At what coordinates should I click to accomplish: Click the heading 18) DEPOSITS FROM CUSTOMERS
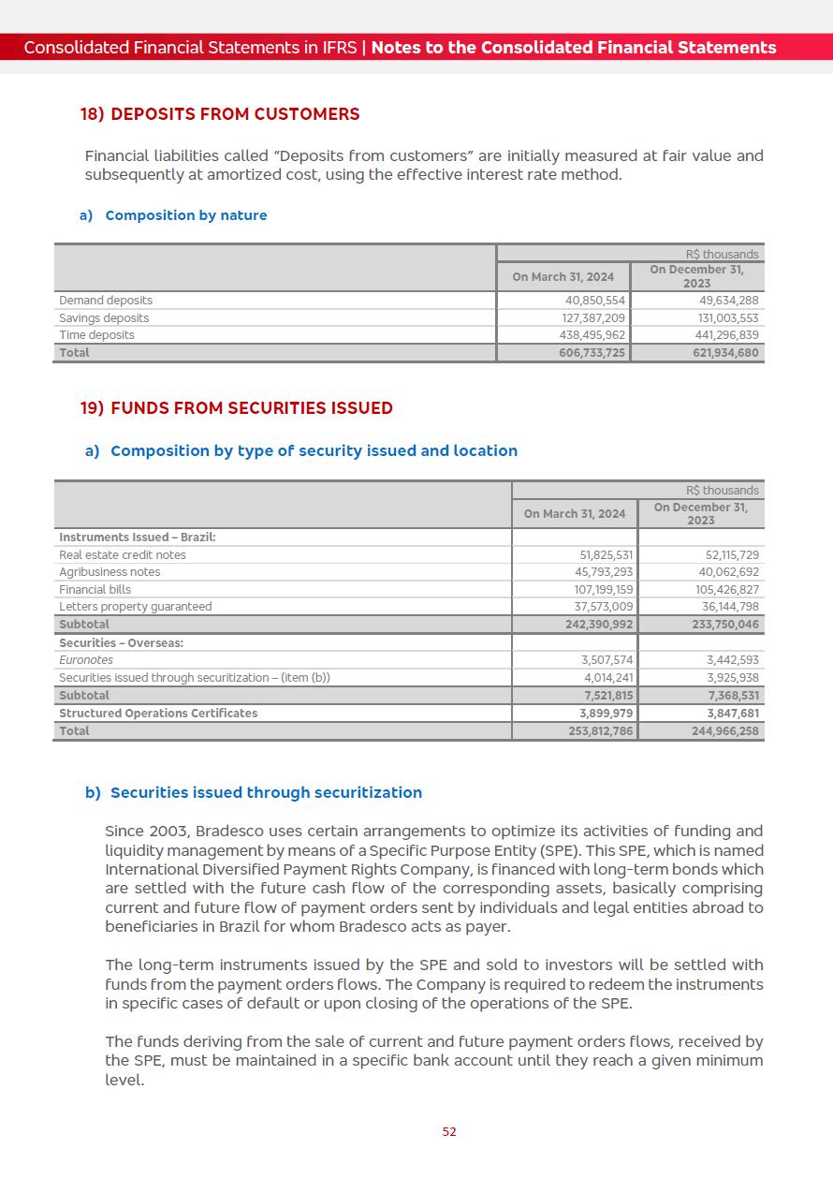(x=220, y=114)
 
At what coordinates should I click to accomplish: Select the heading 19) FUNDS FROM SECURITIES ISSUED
(x=237, y=408)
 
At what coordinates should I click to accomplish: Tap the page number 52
(x=449, y=1131)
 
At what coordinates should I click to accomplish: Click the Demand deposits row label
(x=106, y=301)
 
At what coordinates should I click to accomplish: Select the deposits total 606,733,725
(x=592, y=353)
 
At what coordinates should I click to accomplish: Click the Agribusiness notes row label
(x=110, y=572)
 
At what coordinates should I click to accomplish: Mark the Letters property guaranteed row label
(x=136, y=607)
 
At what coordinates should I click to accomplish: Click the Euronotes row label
(x=86, y=660)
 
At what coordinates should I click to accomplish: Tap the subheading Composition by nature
(x=186, y=215)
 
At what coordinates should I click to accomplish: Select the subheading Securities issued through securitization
(x=266, y=793)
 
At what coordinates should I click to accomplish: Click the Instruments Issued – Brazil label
(x=138, y=538)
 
